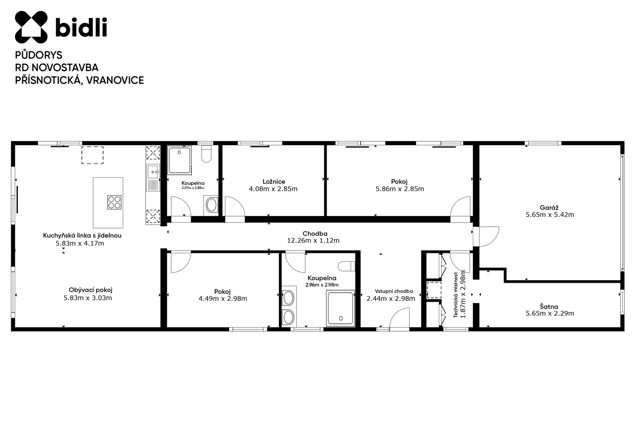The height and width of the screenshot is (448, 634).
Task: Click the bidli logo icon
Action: [x=31, y=27]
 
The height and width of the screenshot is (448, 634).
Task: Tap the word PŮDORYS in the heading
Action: [x=39, y=55]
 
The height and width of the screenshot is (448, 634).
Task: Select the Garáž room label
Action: [x=549, y=207]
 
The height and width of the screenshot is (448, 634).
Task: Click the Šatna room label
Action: [x=549, y=306]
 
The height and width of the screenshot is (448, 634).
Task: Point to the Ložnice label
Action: [x=274, y=182]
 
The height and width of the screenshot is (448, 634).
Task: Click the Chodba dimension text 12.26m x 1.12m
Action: [x=313, y=241]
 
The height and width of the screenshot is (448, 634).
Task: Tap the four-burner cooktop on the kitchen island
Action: [x=114, y=202]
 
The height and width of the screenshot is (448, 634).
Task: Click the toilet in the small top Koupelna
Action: [x=207, y=154]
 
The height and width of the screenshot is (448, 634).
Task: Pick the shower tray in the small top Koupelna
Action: [x=180, y=160]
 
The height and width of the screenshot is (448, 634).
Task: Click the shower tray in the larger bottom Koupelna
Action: [x=340, y=308]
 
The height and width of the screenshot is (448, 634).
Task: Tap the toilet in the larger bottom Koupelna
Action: [x=346, y=266]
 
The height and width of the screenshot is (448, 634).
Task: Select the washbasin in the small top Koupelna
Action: [x=211, y=205]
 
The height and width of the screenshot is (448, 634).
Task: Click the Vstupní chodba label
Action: [x=394, y=291]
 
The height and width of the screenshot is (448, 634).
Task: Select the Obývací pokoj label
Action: [x=91, y=290]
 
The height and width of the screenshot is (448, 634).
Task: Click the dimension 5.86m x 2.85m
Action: [x=400, y=189]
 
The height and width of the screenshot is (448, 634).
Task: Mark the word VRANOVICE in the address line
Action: [x=115, y=80]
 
